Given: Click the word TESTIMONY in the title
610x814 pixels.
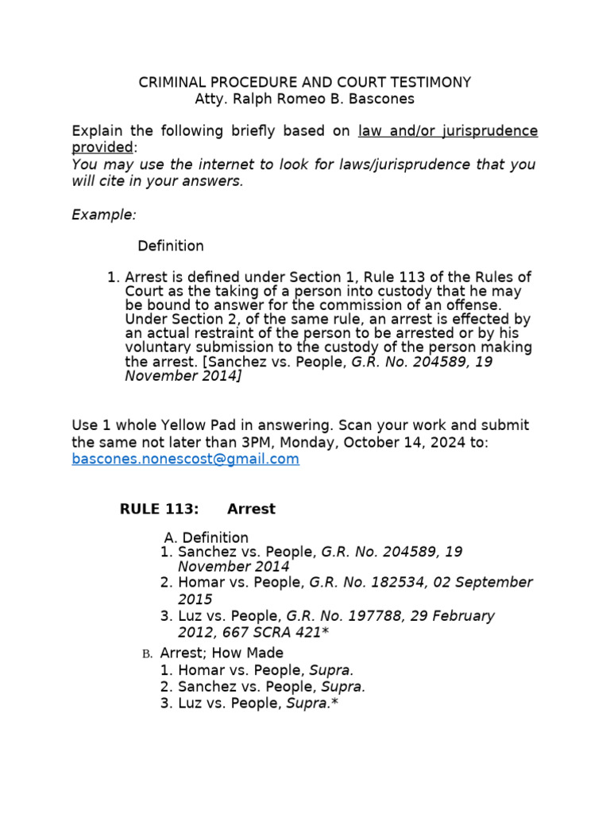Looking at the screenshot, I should [430, 83].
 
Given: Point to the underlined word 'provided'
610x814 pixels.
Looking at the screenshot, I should [102, 148].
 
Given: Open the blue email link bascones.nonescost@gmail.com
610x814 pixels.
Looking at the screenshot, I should [185, 459].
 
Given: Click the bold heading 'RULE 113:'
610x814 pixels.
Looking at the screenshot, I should [159, 509].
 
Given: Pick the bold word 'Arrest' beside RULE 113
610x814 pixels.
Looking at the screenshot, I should [251, 509].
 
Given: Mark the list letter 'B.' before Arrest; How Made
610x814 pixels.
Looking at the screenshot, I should [146, 654].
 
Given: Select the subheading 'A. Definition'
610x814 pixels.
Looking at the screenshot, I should [206, 537].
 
